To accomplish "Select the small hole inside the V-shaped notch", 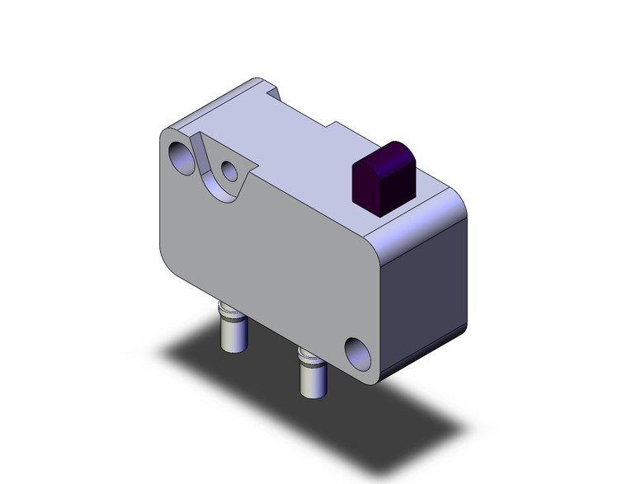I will point(230,172).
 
